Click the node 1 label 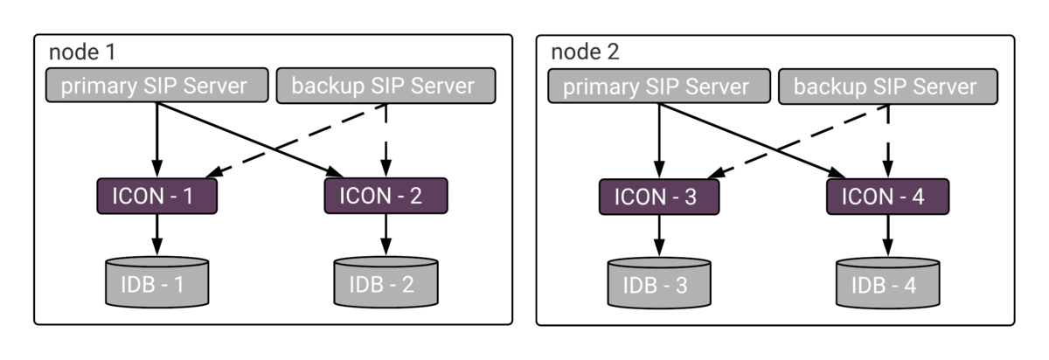(x=82, y=52)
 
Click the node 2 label (x=585, y=52)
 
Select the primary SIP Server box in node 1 (x=156, y=86)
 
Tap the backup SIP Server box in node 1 (x=386, y=86)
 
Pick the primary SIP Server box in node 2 (x=659, y=87)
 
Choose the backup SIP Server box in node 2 (x=888, y=87)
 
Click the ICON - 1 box (x=156, y=196)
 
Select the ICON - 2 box (x=386, y=196)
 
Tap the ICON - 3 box (x=659, y=197)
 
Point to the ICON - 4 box (x=888, y=197)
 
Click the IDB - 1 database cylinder (x=156, y=282)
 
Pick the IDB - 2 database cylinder (x=386, y=282)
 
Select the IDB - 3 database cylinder (x=659, y=283)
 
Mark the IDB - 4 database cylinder (x=888, y=283)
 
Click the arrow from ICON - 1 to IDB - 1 (x=156, y=235)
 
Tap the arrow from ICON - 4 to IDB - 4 (x=888, y=236)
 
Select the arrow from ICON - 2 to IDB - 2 (x=386, y=235)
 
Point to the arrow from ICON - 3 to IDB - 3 (x=659, y=236)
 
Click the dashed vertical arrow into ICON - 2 (x=386, y=141)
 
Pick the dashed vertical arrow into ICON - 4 (x=888, y=142)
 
